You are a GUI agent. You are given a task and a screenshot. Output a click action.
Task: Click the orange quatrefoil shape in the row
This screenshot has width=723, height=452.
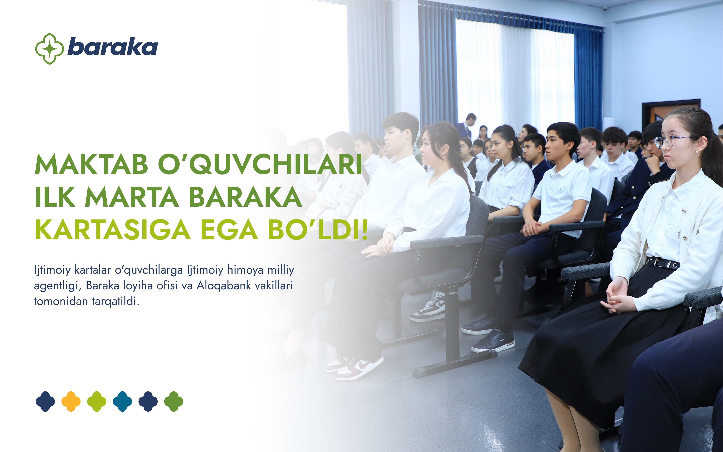pyautogui.click(x=71, y=401)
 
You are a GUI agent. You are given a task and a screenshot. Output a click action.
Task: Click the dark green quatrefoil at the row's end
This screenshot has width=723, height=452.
pyautogui.click(x=174, y=401)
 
